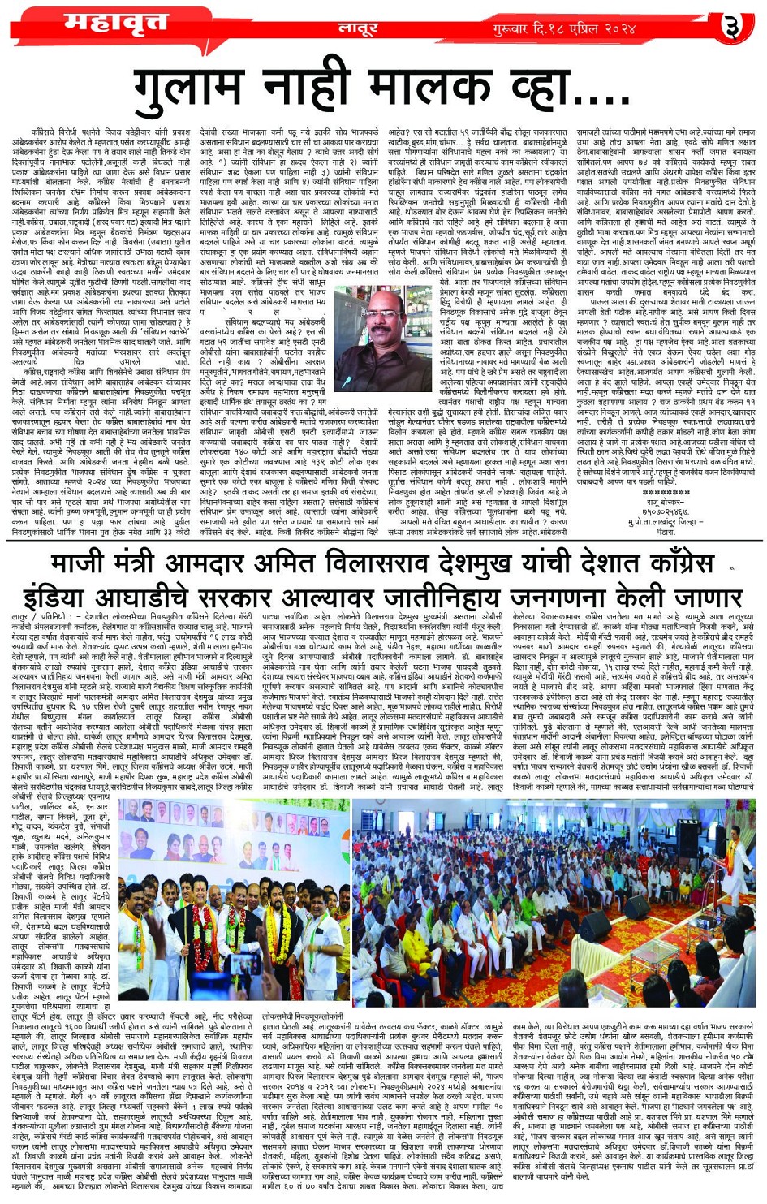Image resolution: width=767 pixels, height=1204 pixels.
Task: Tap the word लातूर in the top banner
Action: coord(357,28)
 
